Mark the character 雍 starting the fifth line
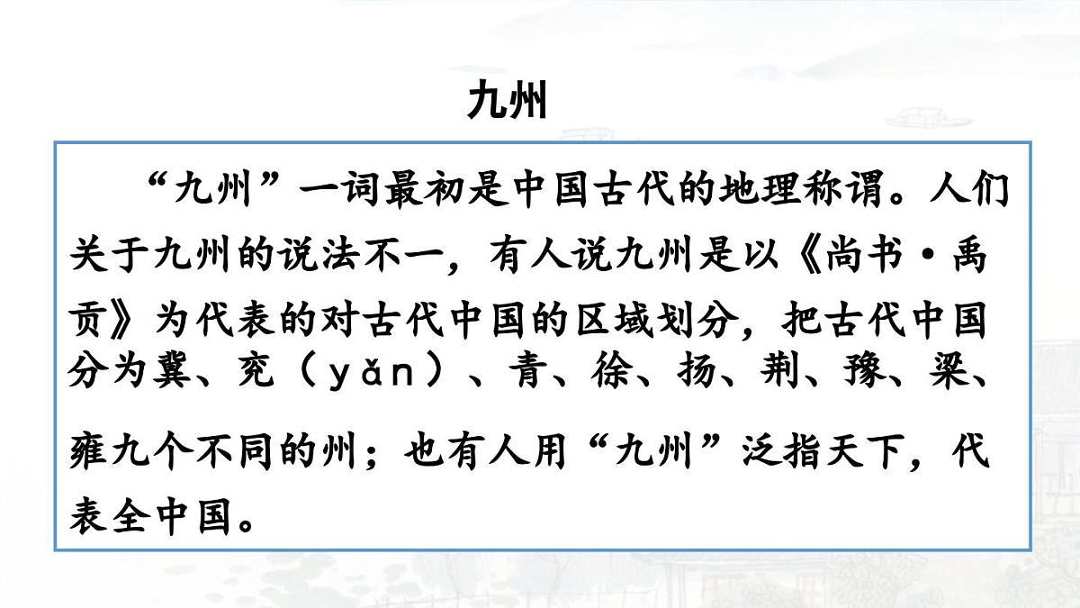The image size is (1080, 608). (x=88, y=450)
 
